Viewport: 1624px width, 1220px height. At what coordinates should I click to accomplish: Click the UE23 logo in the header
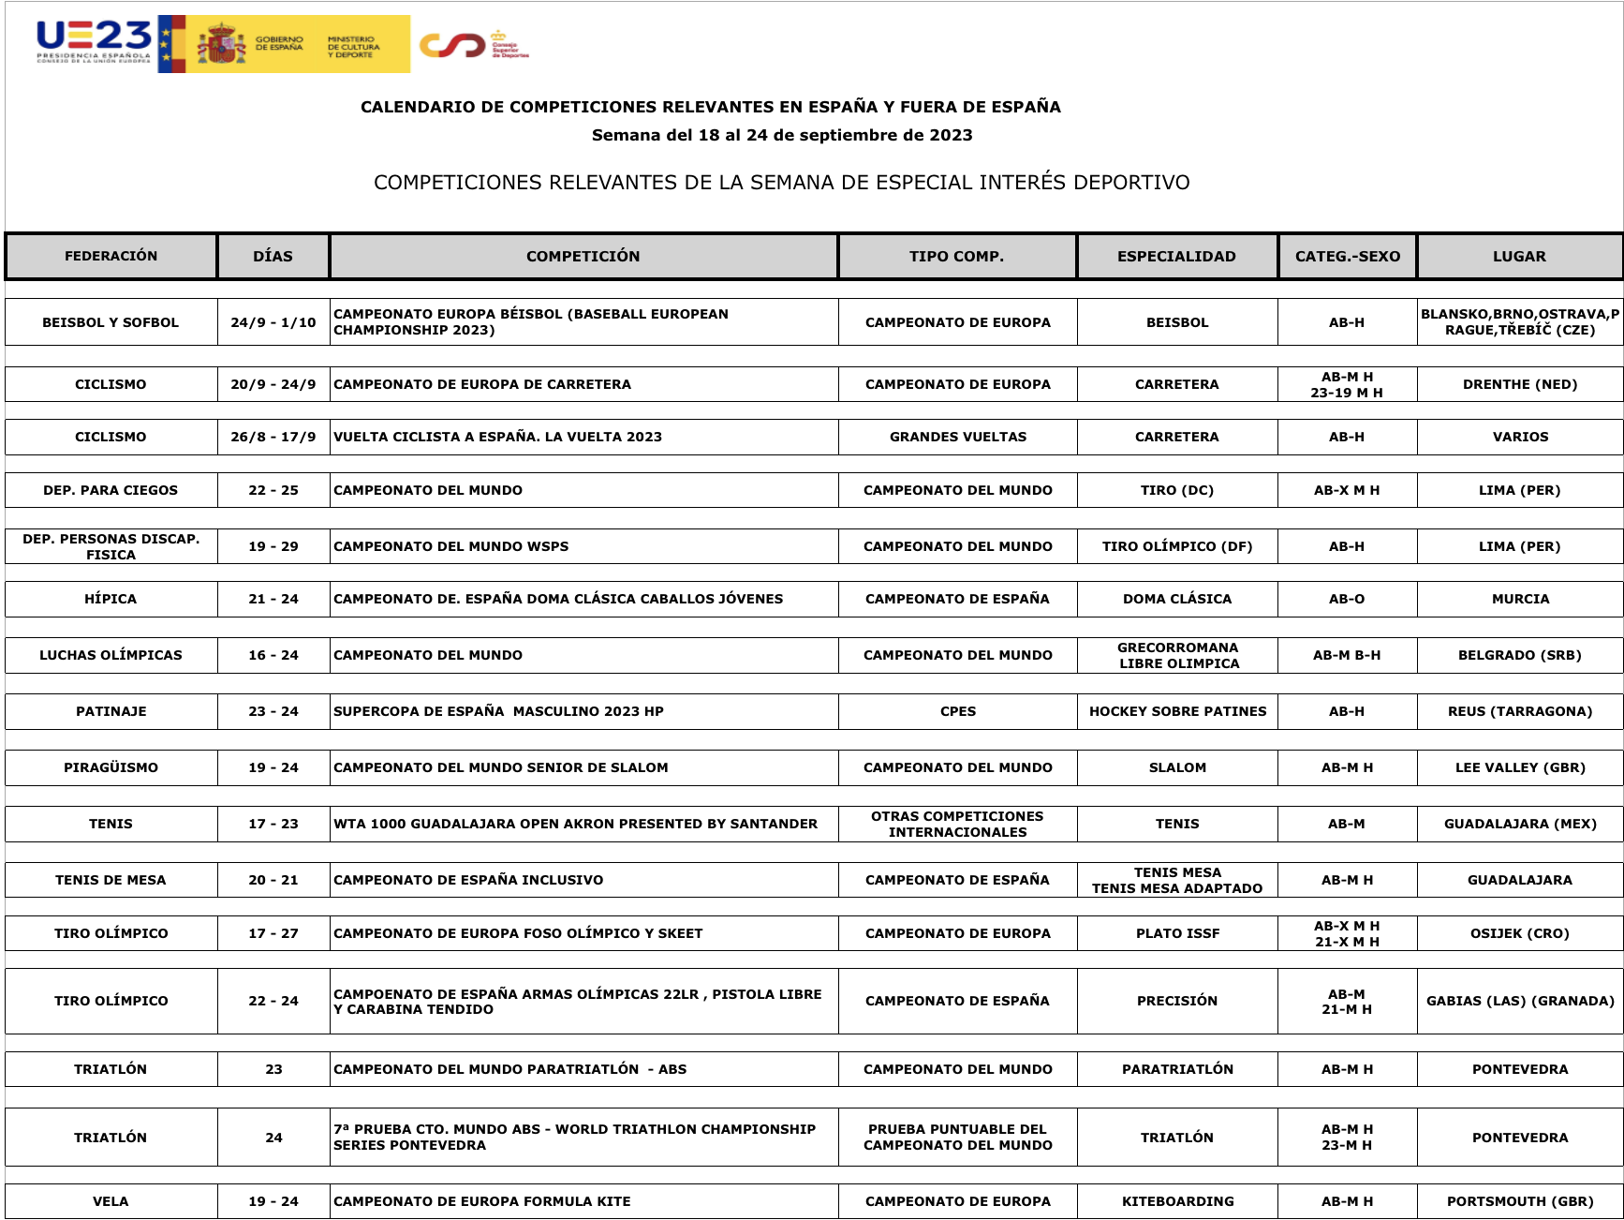[94, 42]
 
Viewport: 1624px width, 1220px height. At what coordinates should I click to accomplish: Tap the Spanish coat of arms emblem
[221, 44]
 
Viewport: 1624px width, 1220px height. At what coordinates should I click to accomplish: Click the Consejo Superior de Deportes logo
[474, 44]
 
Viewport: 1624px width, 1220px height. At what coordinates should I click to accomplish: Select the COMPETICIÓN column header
[583, 257]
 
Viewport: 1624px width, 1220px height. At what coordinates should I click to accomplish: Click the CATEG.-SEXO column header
[1347, 257]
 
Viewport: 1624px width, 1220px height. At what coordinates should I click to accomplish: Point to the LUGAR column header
[1519, 257]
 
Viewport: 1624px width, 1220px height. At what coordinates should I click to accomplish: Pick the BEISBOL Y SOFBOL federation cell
[111, 322]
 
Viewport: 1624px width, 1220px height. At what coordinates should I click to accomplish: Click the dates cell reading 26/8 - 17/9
[273, 437]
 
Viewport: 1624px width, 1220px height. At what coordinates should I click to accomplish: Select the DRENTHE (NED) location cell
[1519, 384]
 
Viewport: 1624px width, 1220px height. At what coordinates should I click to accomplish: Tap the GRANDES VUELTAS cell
[957, 437]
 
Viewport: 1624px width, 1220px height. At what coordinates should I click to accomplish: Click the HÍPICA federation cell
[111, 599]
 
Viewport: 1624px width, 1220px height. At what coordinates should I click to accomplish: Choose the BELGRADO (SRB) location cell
[1519, 655]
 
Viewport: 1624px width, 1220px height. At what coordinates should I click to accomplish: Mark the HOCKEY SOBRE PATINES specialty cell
[1177, 711]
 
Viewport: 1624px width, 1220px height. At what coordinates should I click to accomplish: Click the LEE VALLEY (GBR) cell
[1519, 767]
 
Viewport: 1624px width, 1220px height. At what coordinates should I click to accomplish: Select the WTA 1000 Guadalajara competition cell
[575, 824]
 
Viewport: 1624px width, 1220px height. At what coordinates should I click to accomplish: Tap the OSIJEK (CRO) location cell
[1519, 933]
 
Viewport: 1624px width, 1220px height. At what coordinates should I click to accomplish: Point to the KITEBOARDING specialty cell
[1177, 1201]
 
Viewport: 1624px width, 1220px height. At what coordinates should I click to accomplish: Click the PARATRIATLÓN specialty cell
[1177, 1069]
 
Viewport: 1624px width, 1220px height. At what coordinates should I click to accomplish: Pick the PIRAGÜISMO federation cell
[111, 767]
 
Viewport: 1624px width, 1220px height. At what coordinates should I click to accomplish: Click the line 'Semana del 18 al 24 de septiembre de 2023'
[782, 135]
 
